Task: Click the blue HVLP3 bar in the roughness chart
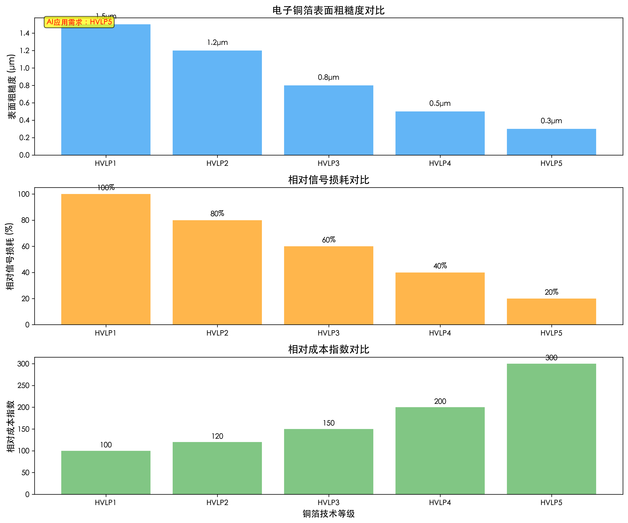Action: click(328, 120)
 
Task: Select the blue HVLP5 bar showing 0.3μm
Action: click(551, 142)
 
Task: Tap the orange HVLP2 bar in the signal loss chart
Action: click(217, 273)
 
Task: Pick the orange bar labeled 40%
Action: click(440, 298)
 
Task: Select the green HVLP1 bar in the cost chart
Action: click(106, 472)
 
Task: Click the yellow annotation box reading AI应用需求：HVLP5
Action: click(79, 22)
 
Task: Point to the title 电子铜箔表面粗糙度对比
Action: click(328, 10)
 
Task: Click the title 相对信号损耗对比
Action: click(328, 180)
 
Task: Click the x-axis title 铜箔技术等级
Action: click(328, 514)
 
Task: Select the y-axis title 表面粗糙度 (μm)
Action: click(11, 87)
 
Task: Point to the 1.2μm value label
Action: click(217, 42)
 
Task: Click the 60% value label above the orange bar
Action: click(329, 240)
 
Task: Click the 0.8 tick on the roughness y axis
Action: click(24, 86)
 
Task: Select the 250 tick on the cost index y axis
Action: click(23, 386)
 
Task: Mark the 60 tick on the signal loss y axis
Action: click(25, 246)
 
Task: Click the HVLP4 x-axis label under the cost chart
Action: click(440, 503)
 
